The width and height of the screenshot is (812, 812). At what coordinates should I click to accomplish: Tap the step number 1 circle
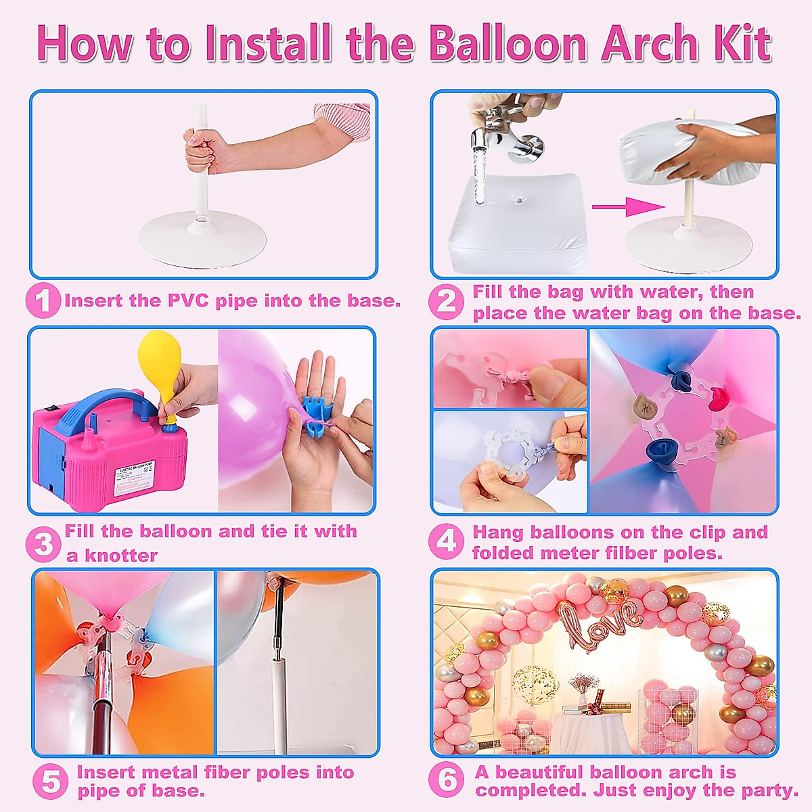43,301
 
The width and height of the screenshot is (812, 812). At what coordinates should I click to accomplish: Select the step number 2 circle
446,302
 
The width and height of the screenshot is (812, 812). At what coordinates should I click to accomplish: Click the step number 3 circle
43,544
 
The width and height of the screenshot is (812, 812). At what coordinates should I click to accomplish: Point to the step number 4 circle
446,542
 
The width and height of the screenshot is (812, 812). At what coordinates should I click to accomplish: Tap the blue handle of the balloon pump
101,405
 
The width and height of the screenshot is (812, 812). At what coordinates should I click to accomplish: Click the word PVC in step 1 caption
189,301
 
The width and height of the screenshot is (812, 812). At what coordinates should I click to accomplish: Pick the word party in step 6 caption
770,790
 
